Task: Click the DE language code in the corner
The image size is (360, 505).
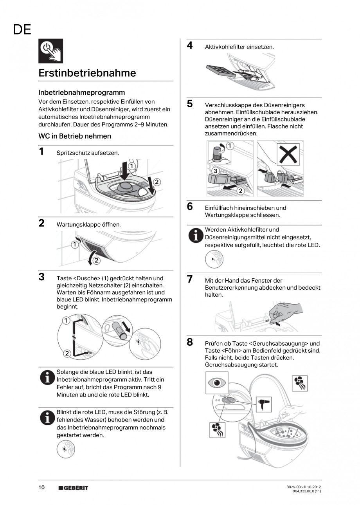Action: coord(22,30)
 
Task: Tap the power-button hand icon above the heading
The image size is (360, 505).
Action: coord(50,51)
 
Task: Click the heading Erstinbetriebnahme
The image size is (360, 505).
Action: coord(87,73)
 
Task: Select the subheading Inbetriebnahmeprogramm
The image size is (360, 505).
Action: coord(82,92)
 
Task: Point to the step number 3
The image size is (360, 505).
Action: coord(41,277)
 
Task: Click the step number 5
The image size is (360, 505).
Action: coord(190,104)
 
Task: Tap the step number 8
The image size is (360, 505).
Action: coord(190,342)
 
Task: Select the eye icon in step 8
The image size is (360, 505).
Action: coord(216,382)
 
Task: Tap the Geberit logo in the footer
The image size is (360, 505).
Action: coord(74,488)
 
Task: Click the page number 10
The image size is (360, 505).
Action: coord(41,487)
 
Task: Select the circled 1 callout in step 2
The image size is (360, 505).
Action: coord(74,245)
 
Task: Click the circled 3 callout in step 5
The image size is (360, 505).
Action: coord(215,171)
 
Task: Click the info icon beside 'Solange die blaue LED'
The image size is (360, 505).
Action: coord(47,377)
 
